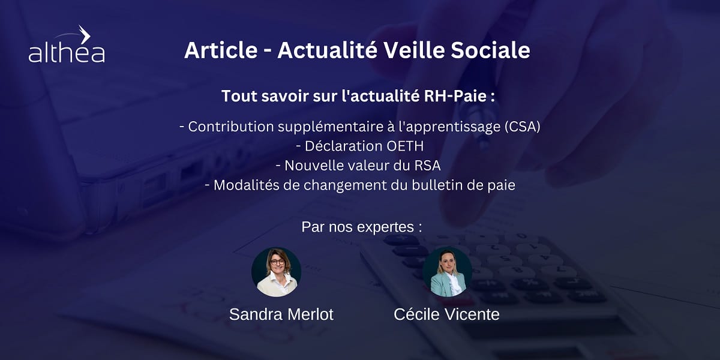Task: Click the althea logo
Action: [67, 44]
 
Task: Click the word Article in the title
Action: [221, 50]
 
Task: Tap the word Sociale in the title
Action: [490, 50]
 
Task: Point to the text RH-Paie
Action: [455, 96]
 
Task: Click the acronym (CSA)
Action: [523, 127]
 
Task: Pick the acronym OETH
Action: [405, 146]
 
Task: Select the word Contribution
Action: [231, 127]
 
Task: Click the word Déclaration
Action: [343, 146]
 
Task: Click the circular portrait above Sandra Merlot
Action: [276, 272]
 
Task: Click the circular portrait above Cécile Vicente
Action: [448, 272]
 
